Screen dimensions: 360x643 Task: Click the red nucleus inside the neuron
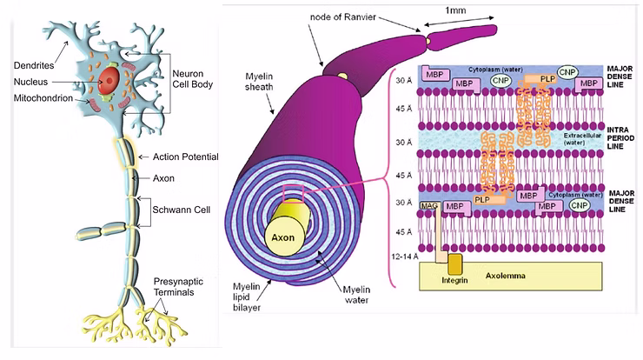[x=109, y=83]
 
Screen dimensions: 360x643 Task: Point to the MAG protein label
[x=428, y=205]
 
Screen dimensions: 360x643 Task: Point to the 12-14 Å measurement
[x=405, y=257]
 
